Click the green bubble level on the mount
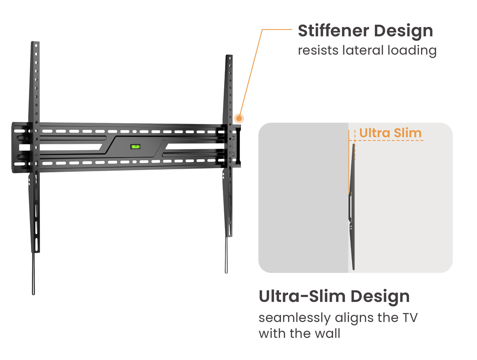[x=136, y=147]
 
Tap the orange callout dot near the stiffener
[x=239, y=118]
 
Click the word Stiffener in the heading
[x=335, y=31]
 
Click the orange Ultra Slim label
[x=390, y=133]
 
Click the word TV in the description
[x=409, y=318]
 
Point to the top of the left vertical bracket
[x=35, y=43]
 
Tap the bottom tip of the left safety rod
[x=33, y=293]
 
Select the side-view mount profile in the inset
[x=352, y=207]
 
